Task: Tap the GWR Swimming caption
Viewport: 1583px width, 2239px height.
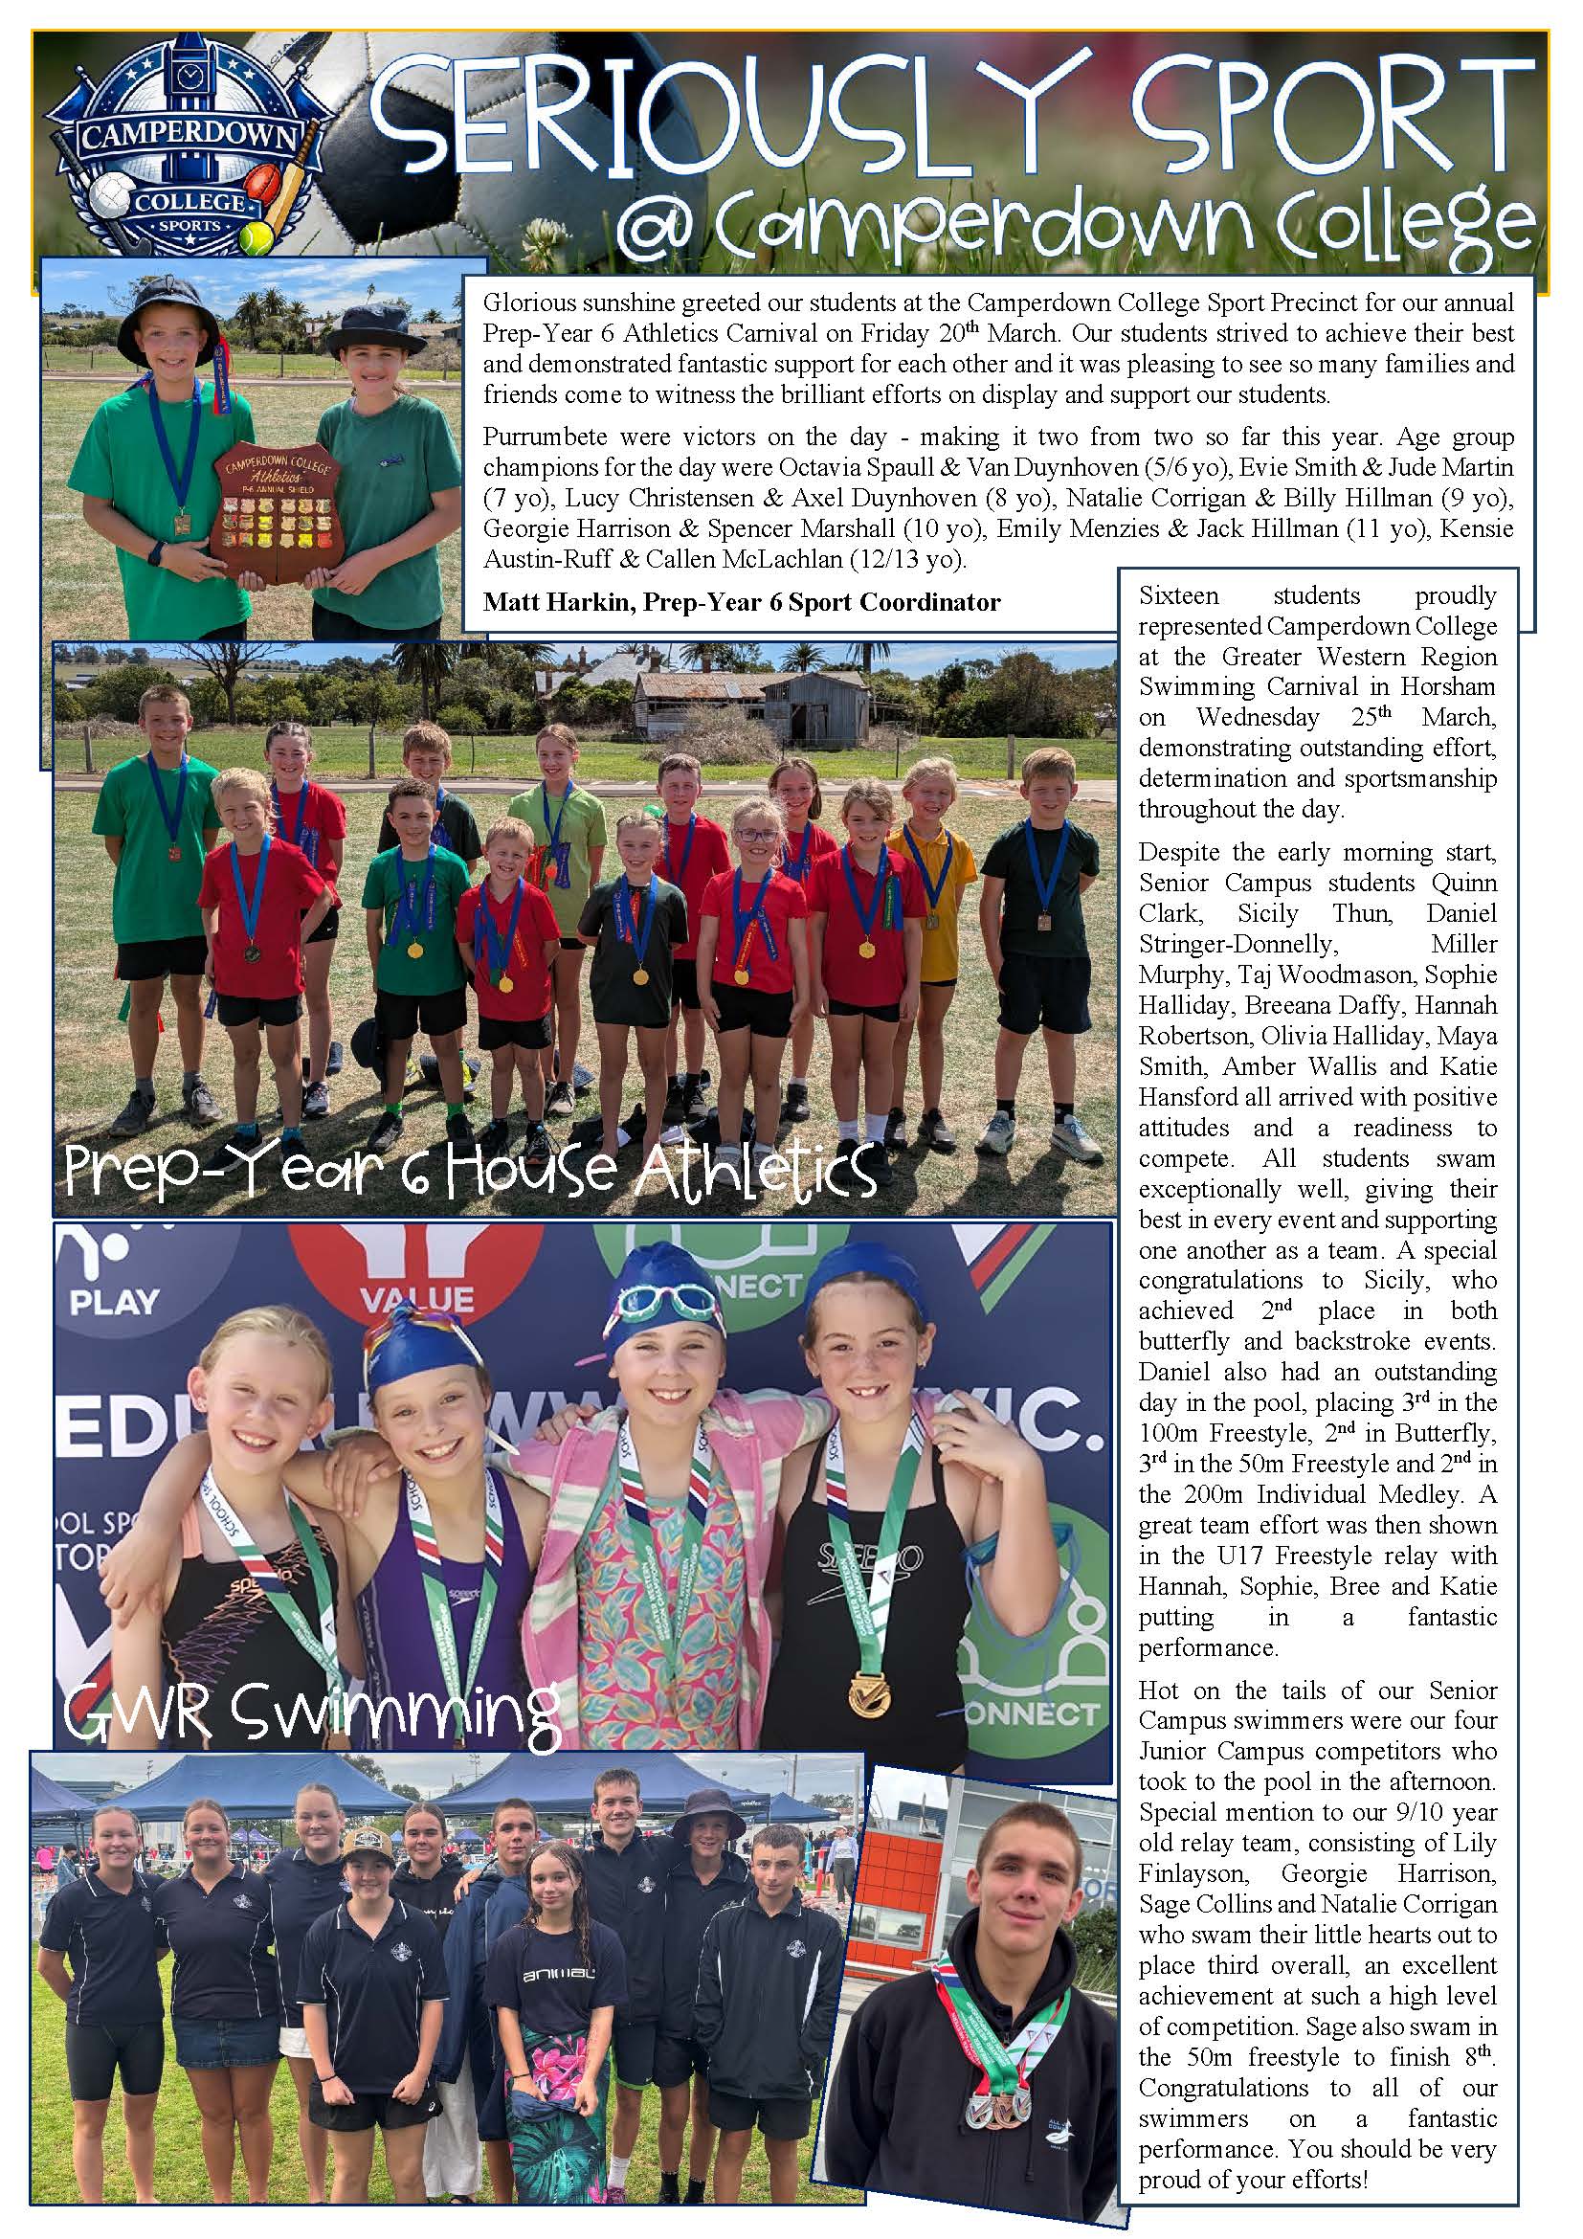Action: [312, 1713]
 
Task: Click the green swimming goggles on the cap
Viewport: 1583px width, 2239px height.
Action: [658, 1298]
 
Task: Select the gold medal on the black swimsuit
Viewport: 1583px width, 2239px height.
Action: [865, 1695]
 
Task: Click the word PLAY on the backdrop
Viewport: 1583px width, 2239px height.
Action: [114, 1302]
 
